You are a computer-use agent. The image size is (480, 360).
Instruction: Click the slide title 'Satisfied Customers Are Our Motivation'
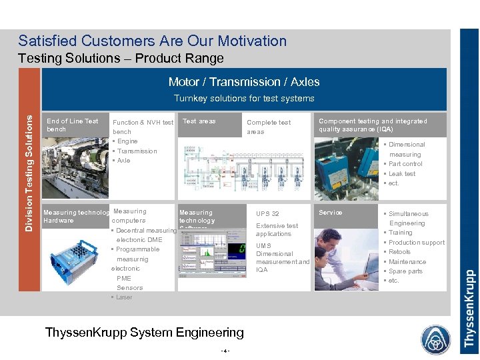coord(152,41)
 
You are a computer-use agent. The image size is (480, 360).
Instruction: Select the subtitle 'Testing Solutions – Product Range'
coord(121,59)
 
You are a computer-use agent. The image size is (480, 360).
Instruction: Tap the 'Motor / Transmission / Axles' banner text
coord(243,82)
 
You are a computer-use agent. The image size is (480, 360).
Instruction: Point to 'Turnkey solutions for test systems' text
coord(243,99)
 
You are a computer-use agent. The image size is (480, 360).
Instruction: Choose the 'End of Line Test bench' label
coord(72,125)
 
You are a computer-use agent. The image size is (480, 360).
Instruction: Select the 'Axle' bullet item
coord(123,161)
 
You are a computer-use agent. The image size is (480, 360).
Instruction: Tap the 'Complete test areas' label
coord(269,127)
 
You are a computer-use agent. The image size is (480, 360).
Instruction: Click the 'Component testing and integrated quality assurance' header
coord(373,125)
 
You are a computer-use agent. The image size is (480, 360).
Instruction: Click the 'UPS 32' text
coord(267,214)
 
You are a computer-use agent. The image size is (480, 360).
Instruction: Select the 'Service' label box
coord(331,213)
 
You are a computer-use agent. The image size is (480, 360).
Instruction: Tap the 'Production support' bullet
coord(416,243)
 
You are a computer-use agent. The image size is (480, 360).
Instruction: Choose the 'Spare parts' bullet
coord(405,271)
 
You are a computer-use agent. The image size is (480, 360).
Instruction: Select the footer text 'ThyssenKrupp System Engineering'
coord(144,332)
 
